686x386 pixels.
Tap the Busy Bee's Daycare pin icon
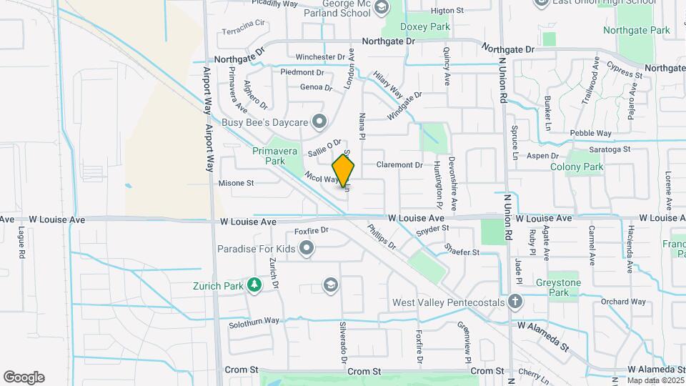click(319, 122)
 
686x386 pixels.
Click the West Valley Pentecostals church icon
click(515, 302)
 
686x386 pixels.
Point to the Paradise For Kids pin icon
click(307, 249)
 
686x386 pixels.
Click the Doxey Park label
click(425, 26)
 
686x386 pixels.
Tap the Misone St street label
click(237, 183)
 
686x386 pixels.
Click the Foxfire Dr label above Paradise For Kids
click(311, 230)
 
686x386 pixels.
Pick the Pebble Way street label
click(590, 134)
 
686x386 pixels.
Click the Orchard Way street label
click(618, 302)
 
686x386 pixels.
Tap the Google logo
click(24, 377)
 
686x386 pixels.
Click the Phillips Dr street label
click(382, 238)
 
